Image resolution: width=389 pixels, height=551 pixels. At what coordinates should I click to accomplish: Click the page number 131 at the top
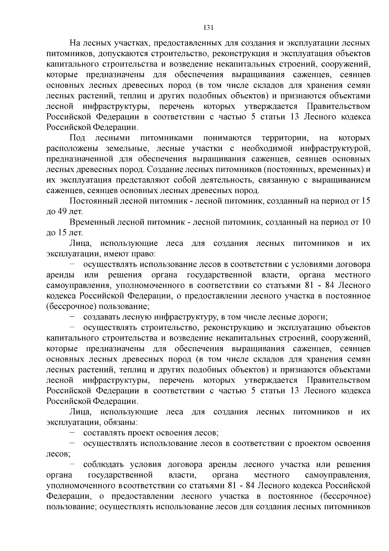(208, 28)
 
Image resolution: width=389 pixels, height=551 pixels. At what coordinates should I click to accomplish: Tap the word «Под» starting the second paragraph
(77, 138)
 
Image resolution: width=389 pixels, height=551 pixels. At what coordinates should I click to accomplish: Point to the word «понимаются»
(227, 138)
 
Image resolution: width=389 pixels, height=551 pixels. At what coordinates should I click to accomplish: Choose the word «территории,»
(285, 138)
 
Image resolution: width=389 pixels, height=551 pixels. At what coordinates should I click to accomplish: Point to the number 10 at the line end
(366, 222)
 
